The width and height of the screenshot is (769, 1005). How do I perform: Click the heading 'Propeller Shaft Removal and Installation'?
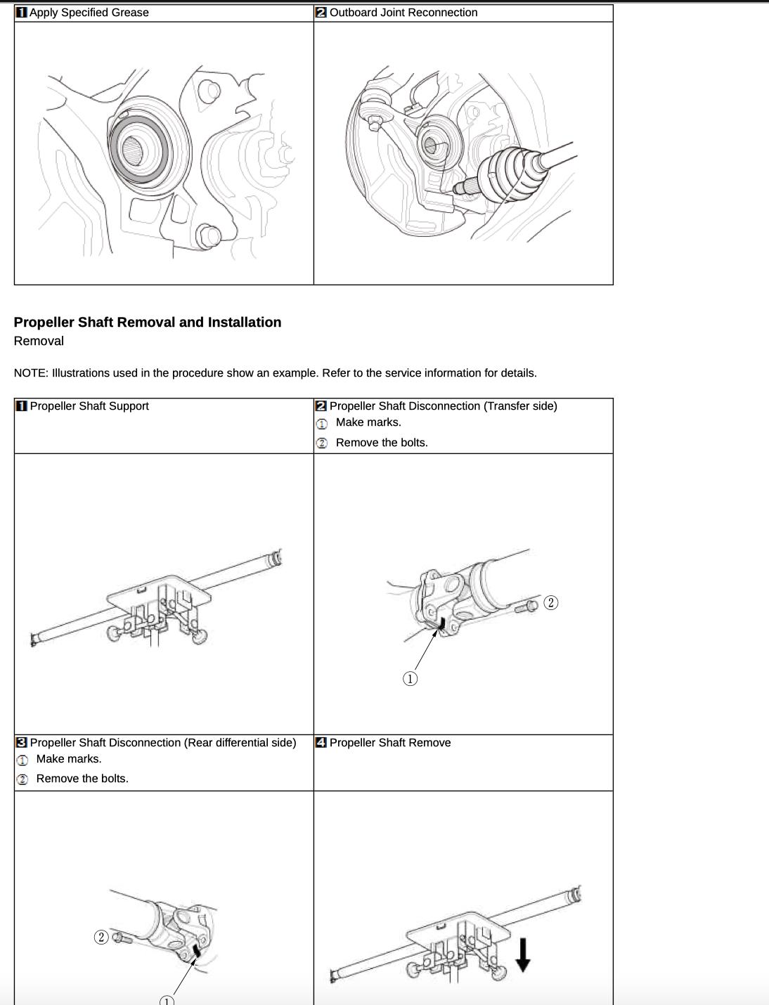pos(148,322)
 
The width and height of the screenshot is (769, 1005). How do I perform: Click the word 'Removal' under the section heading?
pos(39,341)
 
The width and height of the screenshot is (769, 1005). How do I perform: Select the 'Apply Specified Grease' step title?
pos(89,13)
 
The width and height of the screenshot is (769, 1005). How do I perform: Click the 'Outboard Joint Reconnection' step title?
pos(403,13)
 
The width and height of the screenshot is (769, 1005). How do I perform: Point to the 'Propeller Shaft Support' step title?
pos(89,406)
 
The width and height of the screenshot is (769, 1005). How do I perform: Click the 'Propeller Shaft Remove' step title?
pos(390,743)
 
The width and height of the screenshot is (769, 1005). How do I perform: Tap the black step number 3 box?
pos(22,743)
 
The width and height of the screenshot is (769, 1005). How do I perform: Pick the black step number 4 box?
pos(321,743)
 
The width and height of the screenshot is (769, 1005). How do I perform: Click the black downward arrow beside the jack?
pos(522,955)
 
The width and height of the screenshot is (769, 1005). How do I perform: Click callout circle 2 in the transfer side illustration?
pos(551,603)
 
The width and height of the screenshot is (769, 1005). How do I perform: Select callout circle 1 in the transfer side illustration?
pos(410,679)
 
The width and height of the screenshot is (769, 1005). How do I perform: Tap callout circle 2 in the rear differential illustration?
pos(101,937)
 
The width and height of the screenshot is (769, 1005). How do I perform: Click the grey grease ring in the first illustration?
pos(139,149)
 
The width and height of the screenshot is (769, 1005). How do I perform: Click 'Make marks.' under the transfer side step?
pos(368,422)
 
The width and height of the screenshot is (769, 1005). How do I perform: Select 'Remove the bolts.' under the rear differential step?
pos(82,779)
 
